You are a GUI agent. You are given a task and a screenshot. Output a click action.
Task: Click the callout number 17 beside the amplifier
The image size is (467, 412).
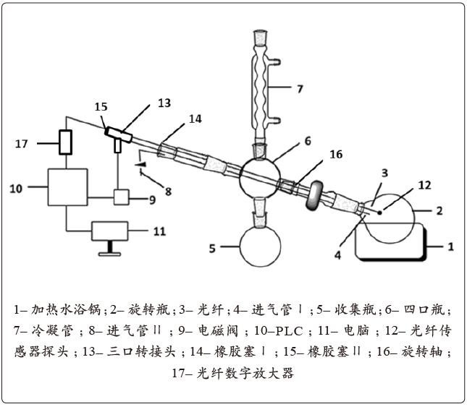point(22,144)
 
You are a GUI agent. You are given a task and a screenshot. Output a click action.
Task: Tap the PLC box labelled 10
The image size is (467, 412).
point(68,187)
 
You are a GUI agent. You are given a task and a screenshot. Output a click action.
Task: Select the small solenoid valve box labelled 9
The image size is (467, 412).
point(122,197)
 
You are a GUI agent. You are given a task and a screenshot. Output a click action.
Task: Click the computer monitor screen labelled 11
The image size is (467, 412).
point(110,231)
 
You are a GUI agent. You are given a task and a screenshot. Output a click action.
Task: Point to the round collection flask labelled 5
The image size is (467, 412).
point(261,246)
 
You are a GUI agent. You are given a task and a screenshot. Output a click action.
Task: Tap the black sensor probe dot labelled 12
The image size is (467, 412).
point(379,213)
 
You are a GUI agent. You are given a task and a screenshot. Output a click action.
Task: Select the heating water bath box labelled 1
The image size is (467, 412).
point(391,242)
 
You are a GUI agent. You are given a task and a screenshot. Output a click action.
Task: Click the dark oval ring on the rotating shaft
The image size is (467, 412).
point(314,196)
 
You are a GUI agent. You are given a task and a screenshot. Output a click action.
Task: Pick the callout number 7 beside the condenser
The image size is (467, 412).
point(300,89)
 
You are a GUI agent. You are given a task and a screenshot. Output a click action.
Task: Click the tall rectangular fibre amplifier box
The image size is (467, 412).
point(65,142)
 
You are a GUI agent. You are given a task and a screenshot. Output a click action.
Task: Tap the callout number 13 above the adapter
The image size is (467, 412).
point(164,103)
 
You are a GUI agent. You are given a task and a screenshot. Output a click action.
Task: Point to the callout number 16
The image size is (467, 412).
point(336,154)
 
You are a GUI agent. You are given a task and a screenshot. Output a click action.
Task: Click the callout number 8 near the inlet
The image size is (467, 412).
point(168,191)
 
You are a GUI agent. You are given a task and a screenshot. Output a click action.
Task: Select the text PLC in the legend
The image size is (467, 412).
point(290,331)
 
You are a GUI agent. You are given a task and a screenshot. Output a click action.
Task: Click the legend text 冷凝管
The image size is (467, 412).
point(52,331)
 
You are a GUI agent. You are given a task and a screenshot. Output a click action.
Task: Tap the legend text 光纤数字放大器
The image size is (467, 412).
point(245,373)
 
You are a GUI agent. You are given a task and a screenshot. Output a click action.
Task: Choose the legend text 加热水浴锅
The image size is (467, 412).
point(67,309)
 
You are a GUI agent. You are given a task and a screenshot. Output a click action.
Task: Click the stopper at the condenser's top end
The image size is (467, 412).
point(260,38)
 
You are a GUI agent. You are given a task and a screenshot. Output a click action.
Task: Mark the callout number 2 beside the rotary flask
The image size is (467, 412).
point(439,211)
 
